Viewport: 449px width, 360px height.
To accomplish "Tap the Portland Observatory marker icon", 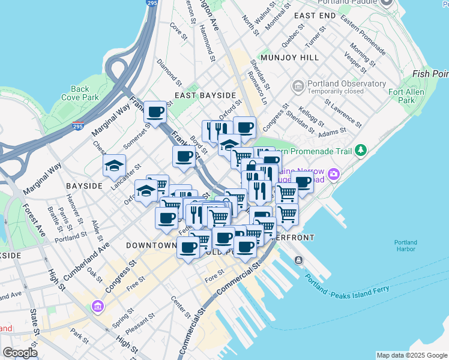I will [x=298, y=87].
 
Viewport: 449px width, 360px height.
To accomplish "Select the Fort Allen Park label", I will [x=406, y=96].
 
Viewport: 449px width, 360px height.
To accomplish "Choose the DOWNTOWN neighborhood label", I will [x=151, y=245].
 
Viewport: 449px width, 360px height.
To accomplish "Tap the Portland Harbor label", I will [x=406, y=246].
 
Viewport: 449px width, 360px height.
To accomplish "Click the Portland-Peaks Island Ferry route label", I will [x=347, y=286].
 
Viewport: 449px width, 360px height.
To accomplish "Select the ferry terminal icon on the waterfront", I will [x=298, y=260].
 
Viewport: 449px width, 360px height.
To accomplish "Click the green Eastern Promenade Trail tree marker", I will [x=360, y=149].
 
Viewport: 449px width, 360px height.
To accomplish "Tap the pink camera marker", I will [x=333, y=175].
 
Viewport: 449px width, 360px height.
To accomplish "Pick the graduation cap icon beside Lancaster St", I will [x=113, y=167].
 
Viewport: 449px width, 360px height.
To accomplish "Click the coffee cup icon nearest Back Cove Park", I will [x=155, y=111].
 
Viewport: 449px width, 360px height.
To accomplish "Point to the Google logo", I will [x=20, y=353].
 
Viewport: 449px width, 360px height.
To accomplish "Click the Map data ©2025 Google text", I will [x=412, y=355].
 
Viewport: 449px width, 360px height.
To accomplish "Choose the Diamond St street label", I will [x=168, y=71].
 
